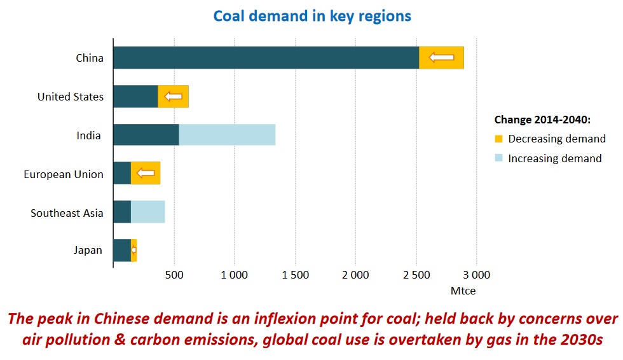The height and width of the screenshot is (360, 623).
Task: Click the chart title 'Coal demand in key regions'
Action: pos(311,15)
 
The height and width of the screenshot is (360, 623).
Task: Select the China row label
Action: pos(89,58)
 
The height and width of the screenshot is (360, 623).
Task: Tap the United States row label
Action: pos(70,97)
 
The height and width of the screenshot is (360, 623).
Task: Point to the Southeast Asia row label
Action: pos(67,213)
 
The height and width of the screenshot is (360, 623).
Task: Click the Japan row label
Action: pos(88,250)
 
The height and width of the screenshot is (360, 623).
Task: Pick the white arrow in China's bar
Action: pos(441,58)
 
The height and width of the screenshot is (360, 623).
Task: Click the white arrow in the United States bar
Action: pos(173,97)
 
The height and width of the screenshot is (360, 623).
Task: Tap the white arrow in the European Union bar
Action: pos(146,173)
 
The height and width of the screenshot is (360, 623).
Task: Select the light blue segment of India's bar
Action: pos(227,135)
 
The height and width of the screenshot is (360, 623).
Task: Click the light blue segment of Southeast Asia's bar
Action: pos(147,212)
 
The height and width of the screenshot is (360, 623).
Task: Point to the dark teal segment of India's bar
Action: pos(146,135)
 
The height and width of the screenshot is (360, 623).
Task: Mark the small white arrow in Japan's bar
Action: pos(133,250)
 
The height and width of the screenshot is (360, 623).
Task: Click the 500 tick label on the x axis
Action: pos(174,275)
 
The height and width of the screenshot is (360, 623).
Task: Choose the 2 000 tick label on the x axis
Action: pos(355,275)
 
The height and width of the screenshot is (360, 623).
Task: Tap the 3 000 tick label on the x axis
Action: pos(476,275)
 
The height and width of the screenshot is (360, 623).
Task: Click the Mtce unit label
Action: pos(463,291)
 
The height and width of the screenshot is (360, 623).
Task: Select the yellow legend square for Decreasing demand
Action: pos(499,139)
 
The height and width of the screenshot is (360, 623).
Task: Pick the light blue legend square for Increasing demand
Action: pos(499,158)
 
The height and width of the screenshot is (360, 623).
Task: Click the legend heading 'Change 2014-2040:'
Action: pos(542,120)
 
